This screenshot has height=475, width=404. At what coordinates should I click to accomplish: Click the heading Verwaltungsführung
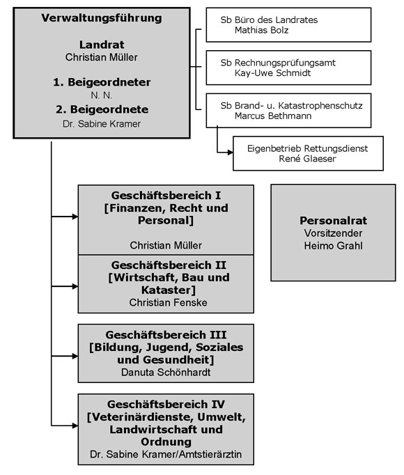point(102,18)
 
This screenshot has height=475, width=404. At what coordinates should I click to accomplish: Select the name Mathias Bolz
point(261,30)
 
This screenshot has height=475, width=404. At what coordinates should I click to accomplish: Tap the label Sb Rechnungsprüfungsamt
point(278,63)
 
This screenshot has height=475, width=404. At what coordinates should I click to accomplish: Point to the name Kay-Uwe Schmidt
point(273,73)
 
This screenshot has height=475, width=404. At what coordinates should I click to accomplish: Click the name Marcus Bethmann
point(273,116)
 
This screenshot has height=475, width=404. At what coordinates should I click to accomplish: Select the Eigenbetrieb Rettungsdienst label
point(308,148)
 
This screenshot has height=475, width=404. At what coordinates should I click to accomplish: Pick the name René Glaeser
point(308,158)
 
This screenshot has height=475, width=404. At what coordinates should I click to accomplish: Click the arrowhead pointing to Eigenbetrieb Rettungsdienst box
point(231,152)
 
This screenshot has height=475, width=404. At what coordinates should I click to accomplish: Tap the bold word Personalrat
point(334,221)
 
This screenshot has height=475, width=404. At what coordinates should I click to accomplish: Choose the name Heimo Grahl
point(334,246)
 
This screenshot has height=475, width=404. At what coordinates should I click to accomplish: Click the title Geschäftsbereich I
point(166,196)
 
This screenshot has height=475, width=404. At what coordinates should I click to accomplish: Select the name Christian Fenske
point(168,302)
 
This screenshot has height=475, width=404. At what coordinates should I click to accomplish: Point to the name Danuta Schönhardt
point(166,373)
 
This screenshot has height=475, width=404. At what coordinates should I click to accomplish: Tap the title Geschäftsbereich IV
point(166,405)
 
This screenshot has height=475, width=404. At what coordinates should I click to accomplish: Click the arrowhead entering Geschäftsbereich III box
point(75,356)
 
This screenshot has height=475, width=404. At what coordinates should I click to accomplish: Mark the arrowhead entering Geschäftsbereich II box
point(75,286)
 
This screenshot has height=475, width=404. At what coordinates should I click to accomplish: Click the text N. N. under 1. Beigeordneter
point(102,95)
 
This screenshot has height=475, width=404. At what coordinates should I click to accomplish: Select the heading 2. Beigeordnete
point(102,109)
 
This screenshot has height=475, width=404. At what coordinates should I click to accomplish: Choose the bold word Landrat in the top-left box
point(102,45)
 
